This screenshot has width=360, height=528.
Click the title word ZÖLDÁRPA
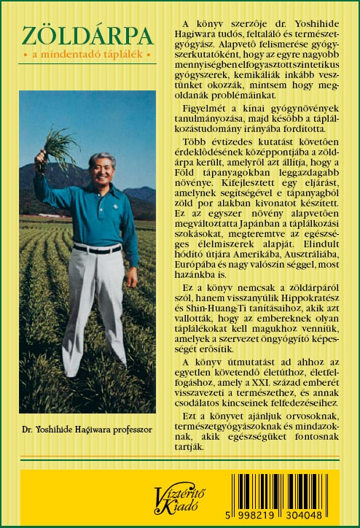87,36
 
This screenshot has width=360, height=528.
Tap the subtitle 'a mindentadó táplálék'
87,55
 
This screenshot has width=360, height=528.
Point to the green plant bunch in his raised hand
58,143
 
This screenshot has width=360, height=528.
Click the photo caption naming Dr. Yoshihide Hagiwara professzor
87,430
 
